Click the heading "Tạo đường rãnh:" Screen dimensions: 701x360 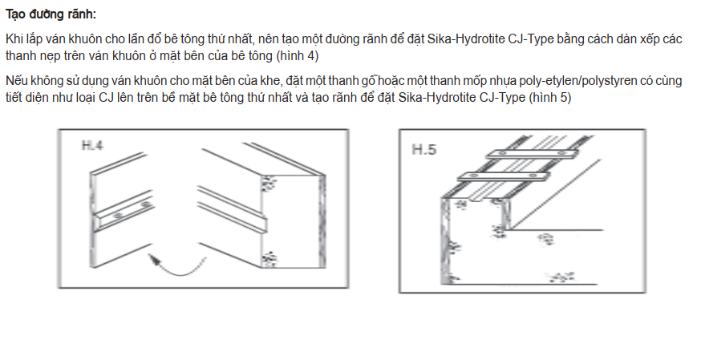[x=51, y=14]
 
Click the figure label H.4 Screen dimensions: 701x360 [x=92, y=146]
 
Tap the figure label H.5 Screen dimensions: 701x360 [x=423, y=149]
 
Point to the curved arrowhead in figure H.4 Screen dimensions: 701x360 [x=153, y=259]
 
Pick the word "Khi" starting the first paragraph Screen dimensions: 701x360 [x=14, y=38]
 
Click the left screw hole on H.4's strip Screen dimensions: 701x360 [x=119, y=216]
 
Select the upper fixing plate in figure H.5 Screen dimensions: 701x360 [x=530, y=154]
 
